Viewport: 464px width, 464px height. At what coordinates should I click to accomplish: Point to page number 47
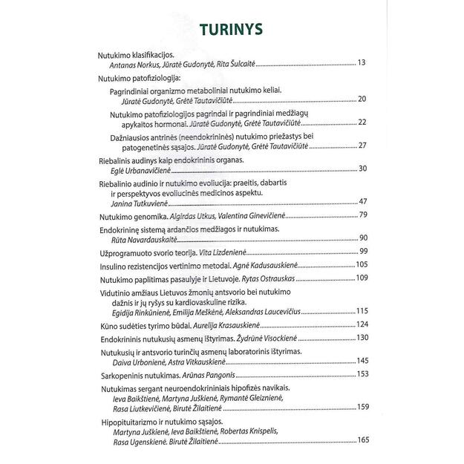(362, 201)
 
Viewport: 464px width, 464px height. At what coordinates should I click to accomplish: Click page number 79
(363, 215)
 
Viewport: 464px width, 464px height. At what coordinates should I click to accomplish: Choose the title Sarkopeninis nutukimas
(138, 373)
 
